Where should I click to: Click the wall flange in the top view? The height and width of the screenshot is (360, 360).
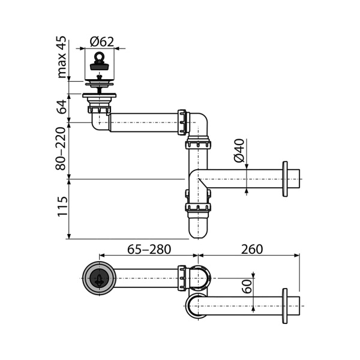tap(286, 307)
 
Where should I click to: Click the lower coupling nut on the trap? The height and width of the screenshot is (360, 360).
tap(198, 208)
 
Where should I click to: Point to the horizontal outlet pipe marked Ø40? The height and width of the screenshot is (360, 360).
tap(246, 179)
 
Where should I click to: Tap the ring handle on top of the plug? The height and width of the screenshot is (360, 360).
tap(98, 55)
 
